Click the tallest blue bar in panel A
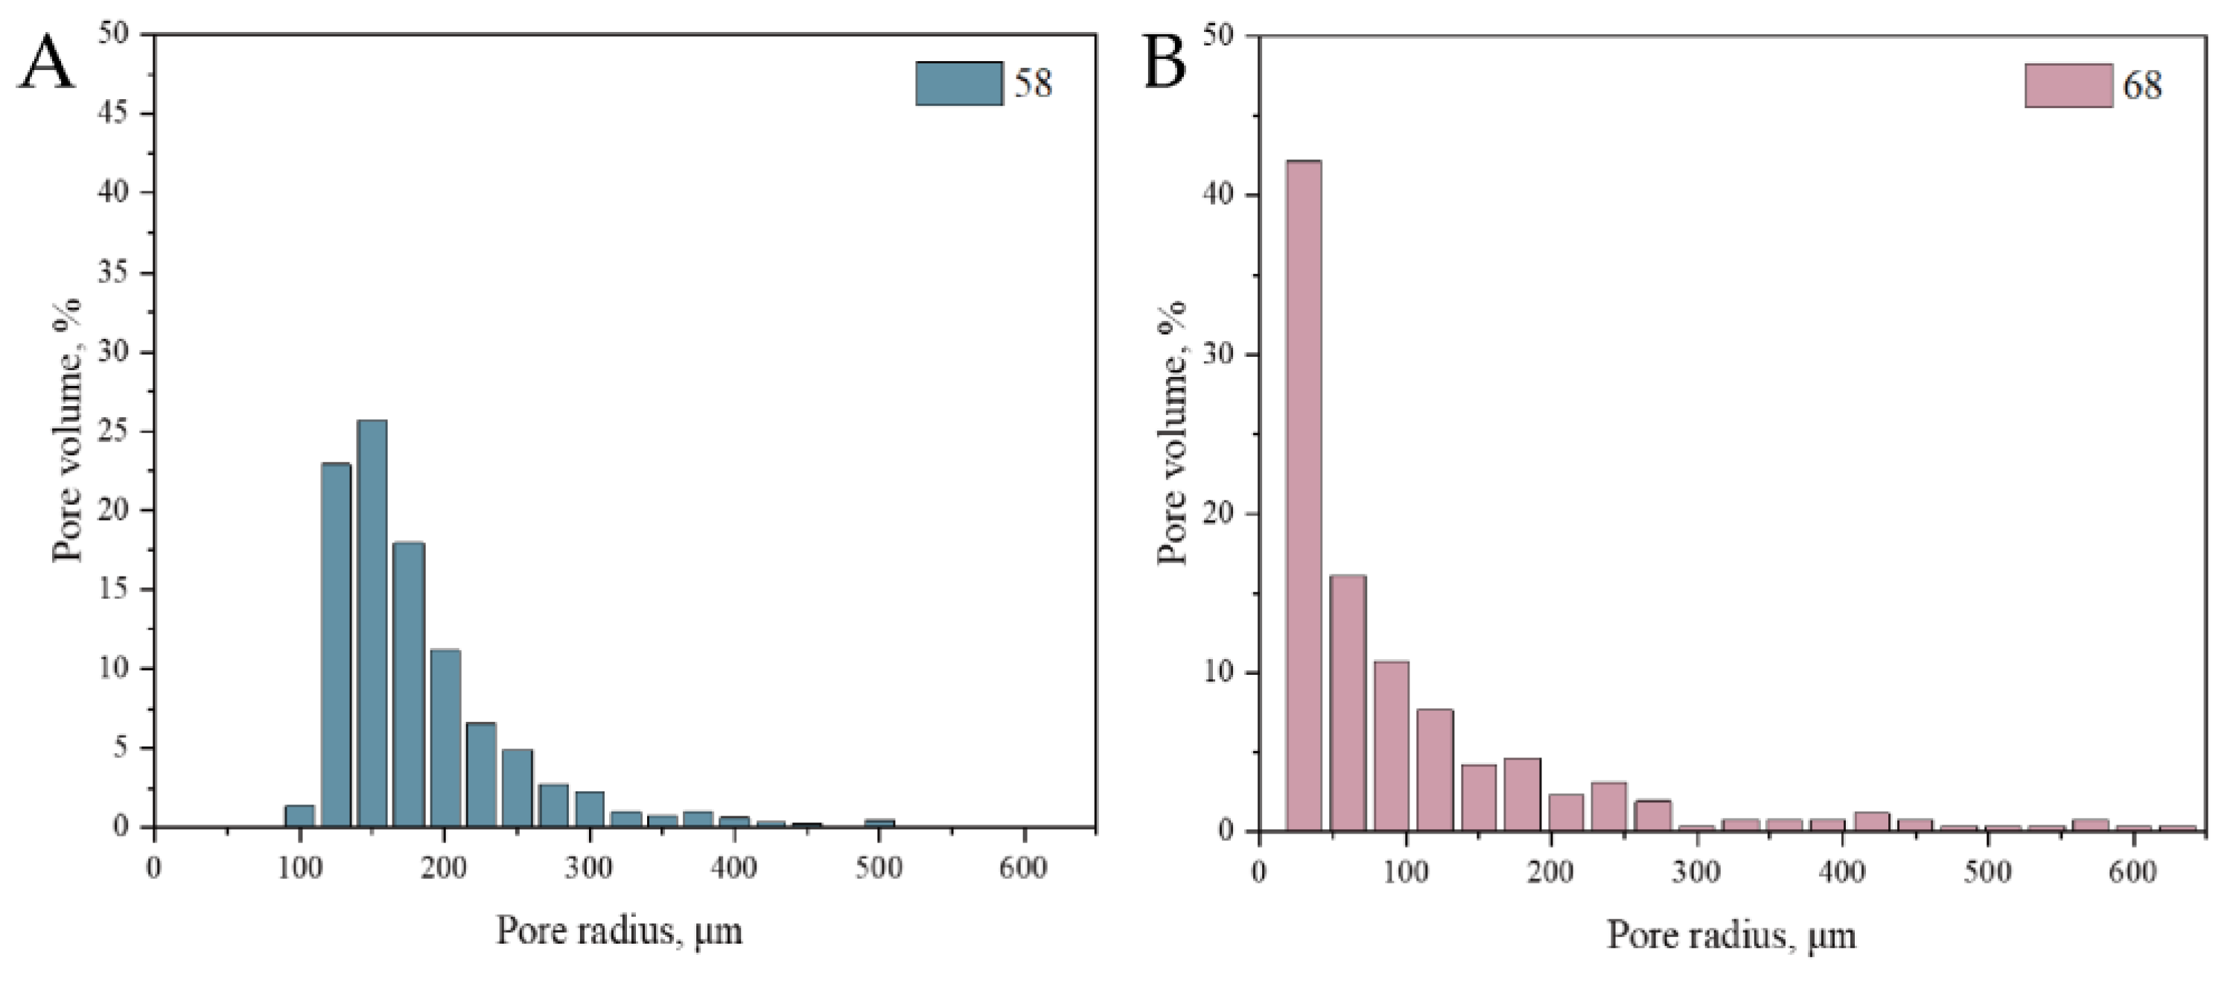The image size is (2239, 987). pyautogui.click(x=372, y=623)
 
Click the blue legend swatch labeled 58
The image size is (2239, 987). pyautogui.click(x=959, y=83)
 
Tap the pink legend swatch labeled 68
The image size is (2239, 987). pyautogui.click(x=2068, y=85)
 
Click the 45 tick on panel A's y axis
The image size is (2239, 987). pyautogui.click(x=112, y=113)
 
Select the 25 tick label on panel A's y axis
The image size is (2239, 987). pyautogui.click(x=112, y=431)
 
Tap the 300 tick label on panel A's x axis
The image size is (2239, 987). pyautogui.click(x=589, y=869)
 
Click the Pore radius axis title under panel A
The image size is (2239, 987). pyautogui.click(x=619, y=931)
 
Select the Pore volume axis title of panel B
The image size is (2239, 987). pyautogui.click(x=1173, y=432)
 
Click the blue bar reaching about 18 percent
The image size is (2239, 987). pyautogui.click(x=409, y=684)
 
